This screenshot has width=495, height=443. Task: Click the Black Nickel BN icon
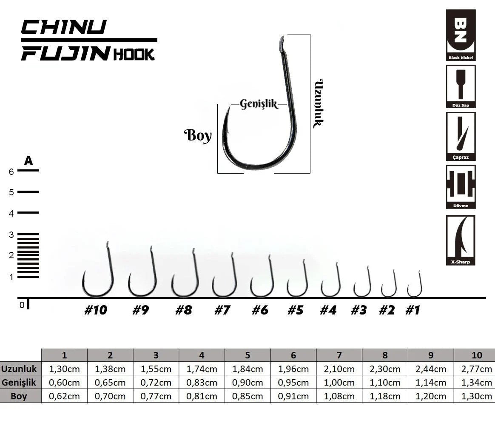pos(461,35)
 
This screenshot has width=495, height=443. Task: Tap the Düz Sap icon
pos(461,86)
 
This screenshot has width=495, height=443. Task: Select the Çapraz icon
pos(461,137)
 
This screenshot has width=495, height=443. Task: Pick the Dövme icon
pos(461,187)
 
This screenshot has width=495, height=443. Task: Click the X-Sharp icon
pos(461,240)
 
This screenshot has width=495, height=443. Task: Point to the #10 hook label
pos(96,310)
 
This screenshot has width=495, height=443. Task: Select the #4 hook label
pos(328,310)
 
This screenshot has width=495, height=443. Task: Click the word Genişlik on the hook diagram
pos(259,104)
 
